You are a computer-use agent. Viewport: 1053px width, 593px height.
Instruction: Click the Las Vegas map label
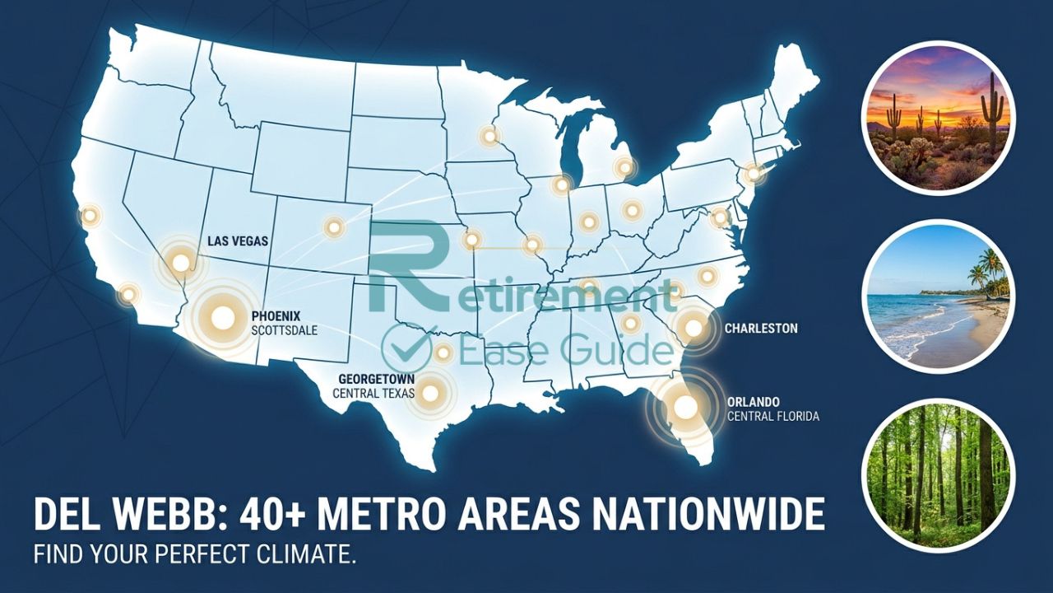pos(239,242)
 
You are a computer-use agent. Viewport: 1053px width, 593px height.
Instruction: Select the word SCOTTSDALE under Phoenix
pos(285,330)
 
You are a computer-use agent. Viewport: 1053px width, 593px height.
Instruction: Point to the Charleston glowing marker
pos(693,328)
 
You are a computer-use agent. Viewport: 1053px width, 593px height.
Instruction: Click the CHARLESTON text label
pos(761,329)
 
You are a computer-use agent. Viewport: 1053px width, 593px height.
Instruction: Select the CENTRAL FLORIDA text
pos(772,417)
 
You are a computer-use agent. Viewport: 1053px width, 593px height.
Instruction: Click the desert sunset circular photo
pos(938,117)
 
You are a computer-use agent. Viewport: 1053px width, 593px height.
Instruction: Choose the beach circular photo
pos(938,296)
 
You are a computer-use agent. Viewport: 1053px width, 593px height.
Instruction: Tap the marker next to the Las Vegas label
pos(179,263)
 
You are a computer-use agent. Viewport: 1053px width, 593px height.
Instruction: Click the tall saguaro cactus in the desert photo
pos(993,107)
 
